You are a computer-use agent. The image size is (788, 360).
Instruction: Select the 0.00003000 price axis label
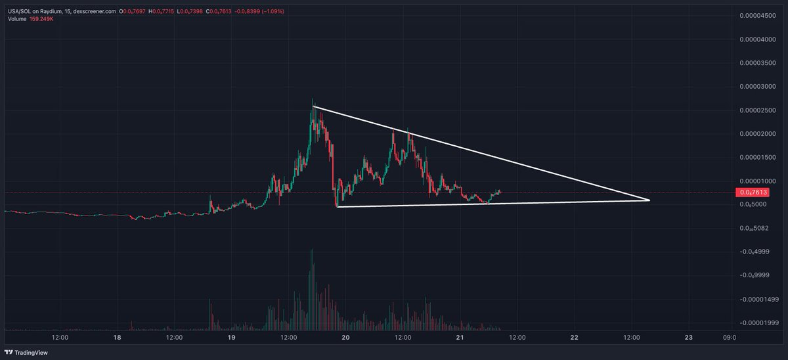[x=756, y=87]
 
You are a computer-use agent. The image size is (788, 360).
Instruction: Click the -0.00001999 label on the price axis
[x=756, y=323]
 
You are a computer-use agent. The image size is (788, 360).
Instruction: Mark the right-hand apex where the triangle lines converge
[x=649, y=200]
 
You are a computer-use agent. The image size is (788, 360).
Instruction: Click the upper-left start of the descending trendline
[x=314, y=106]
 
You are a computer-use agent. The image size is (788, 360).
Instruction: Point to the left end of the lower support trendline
[x=337, y=207]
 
